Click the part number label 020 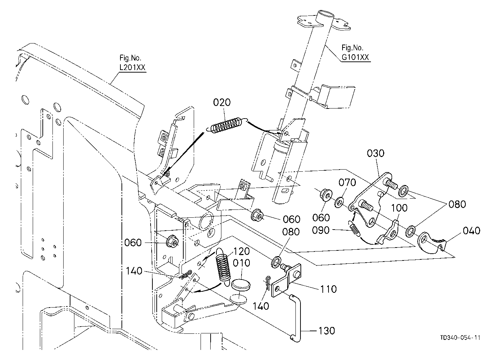(222, 102)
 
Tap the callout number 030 (376, 153)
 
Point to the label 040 (472, 231)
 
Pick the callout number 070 (347, 183)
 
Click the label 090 (321, 230)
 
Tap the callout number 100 (399, 208)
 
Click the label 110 (329, 289)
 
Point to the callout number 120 (242, 251)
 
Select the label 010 (242, 263)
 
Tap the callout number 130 (327, 331)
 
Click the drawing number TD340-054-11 (460, 338)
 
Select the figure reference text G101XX (355, 57)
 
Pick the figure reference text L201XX (132, 67)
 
